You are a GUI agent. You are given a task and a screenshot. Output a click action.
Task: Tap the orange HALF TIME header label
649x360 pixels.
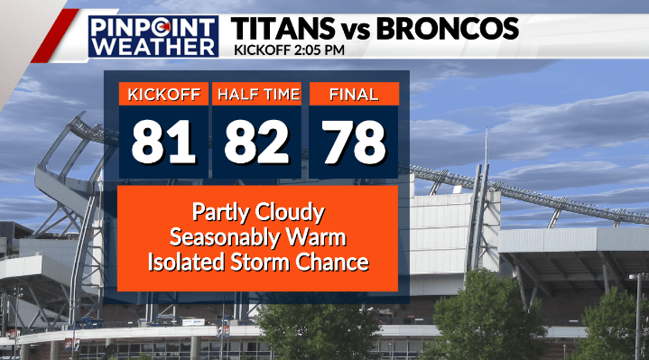click(x=256, y=94)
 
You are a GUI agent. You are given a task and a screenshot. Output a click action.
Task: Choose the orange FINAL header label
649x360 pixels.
click(x=354, y=94)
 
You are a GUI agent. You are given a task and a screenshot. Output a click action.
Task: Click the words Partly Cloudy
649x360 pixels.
click(x=257, y=213)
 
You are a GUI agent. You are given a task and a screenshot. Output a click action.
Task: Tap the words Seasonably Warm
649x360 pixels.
click(x=257, y=238)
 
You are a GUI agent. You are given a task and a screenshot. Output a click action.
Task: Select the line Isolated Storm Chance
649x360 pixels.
click(x=257, y=263)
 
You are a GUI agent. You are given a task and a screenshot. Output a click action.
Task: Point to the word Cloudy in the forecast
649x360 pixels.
click(x=291, y=214)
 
